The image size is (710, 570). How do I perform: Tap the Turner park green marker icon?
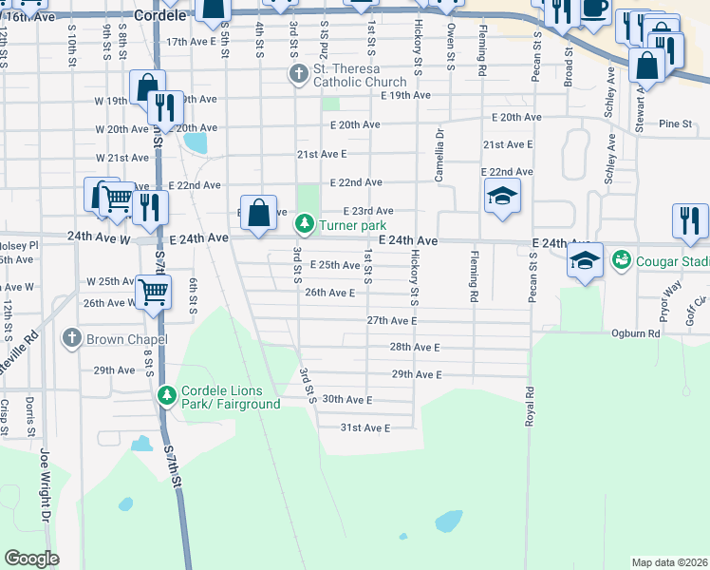(304, 225)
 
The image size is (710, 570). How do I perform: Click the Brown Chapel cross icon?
(72, 338)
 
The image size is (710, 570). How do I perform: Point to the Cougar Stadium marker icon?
(622, 258)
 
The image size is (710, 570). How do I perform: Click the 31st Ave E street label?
(365, 428)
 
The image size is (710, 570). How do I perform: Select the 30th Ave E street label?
(347, 400)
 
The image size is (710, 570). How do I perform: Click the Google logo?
(30, 559)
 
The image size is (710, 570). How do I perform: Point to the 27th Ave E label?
(392, 321)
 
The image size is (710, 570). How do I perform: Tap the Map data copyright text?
(669, 562)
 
